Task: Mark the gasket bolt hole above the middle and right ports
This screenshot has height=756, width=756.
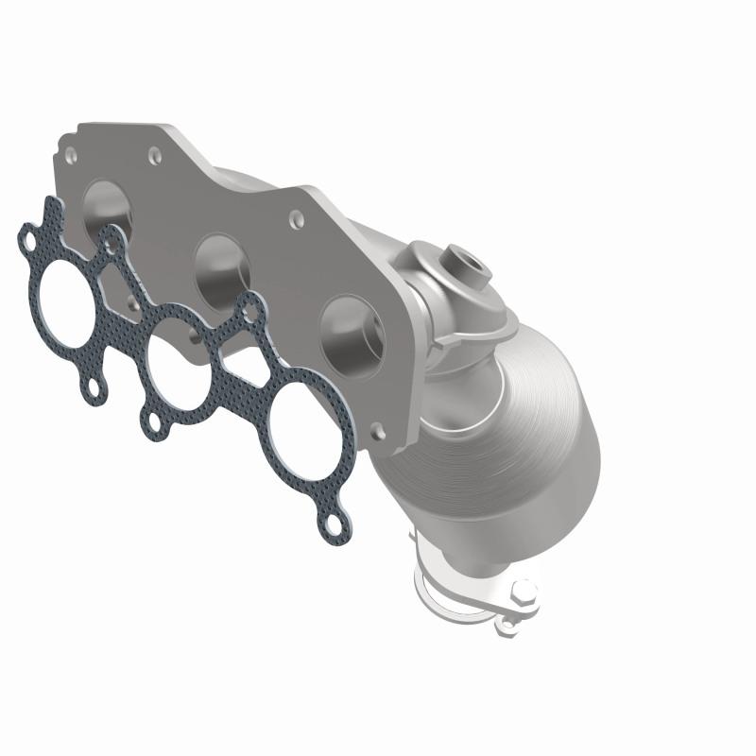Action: coord(250,304)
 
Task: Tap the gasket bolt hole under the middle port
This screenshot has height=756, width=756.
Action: coord(152,423)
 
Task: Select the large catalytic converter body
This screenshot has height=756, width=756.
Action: coord(529,416)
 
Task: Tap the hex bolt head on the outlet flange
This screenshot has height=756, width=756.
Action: coord(523,593)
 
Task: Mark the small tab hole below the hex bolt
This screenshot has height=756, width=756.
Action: coord(508,624)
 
